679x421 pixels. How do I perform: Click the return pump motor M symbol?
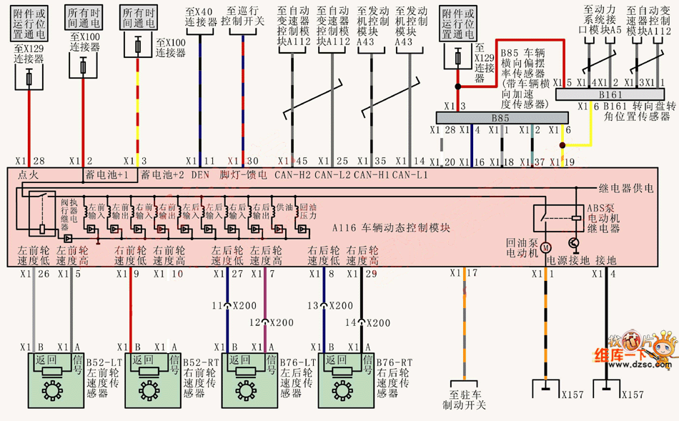tap(543, 247)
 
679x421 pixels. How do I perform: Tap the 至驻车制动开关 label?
tap(467, 400)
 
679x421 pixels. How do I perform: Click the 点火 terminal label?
tap(29, 174)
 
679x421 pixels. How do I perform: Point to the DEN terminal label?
tap(201, 174)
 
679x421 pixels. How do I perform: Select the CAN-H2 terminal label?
tap(293, 174)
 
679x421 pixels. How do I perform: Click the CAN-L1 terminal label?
tap(410, 174)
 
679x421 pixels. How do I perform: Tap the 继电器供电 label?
tap(626, 189)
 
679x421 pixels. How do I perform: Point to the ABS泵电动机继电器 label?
tap(603, 216)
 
